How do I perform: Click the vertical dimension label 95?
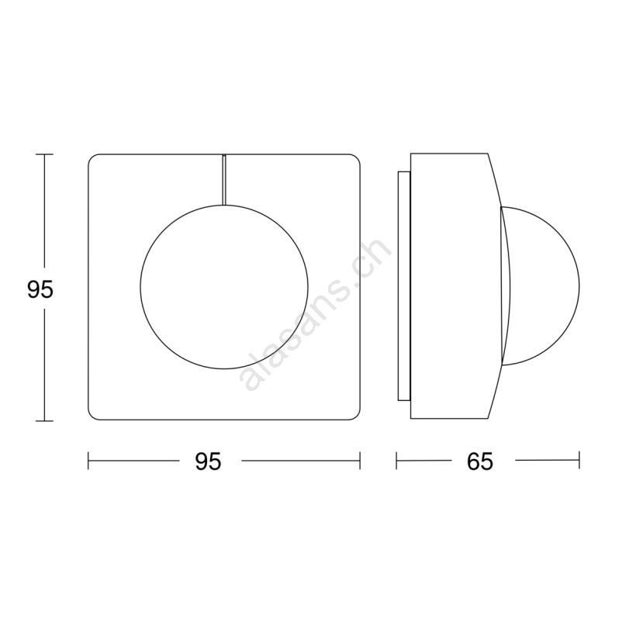tap(40, 289)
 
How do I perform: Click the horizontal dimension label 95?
tap(208, 461)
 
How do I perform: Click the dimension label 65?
tap(480, 461)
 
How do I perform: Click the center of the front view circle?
tap(225, 286)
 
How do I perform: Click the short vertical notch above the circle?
tap(224, 180)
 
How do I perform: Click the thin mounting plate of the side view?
tap(403, 286)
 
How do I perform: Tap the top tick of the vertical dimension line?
tap(44, 154)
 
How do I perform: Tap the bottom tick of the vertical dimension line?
tap(44, 421)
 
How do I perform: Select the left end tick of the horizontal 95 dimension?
tap(88, 461)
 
